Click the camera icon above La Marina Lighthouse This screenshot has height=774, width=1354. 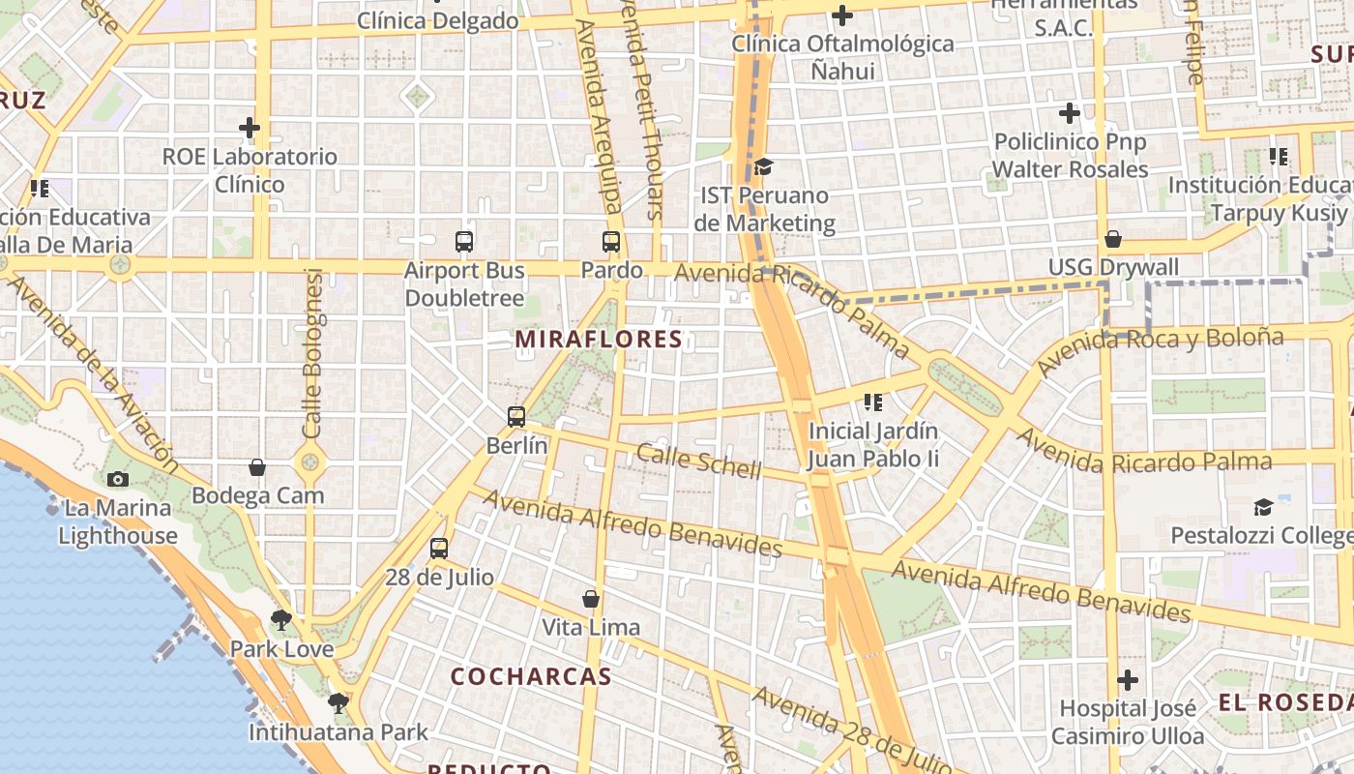(x=118, y=479)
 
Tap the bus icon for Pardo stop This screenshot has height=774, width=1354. (x=611, y=242)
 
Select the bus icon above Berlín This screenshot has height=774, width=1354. (x=516, y=417)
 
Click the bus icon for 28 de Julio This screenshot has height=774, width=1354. (x=439, y=549)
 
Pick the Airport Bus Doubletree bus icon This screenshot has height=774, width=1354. (x=464, y=242)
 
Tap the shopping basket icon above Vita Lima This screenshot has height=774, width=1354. (x=591, y=599)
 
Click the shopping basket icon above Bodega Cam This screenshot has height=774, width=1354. (x=257, y=467)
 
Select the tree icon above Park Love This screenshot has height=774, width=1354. (x=281, y=619)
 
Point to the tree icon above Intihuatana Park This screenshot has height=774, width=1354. (x=338, y=702)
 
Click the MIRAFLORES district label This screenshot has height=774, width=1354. (x=600, y=340)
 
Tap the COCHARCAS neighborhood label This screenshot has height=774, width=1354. (x=532, y=676)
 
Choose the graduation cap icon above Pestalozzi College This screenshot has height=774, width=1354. (x=1263, y=507)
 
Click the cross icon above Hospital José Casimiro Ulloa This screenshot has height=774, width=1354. (x=1128, y=680)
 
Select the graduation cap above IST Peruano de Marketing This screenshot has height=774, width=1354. (x=763, y=166)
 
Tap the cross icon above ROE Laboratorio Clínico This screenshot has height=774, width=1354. (x=250, y=127)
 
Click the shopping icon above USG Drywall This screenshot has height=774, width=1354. (x=1113, y=239)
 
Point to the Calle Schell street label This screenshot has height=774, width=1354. (x=699, y=461)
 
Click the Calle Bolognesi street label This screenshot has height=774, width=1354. (x=311, y=353)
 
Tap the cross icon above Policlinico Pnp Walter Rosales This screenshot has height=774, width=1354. (x=1070, y=113)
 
